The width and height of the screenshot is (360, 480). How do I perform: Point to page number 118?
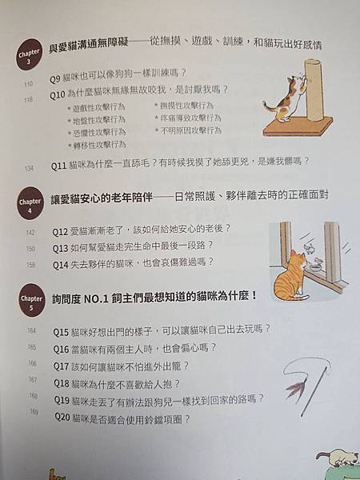pyautogui.click(x=29, y=100)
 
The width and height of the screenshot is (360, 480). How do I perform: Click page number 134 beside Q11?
pyautogui.click(x=30, y=169)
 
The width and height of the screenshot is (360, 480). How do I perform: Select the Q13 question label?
pyautogui.click(x=62, y=247)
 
